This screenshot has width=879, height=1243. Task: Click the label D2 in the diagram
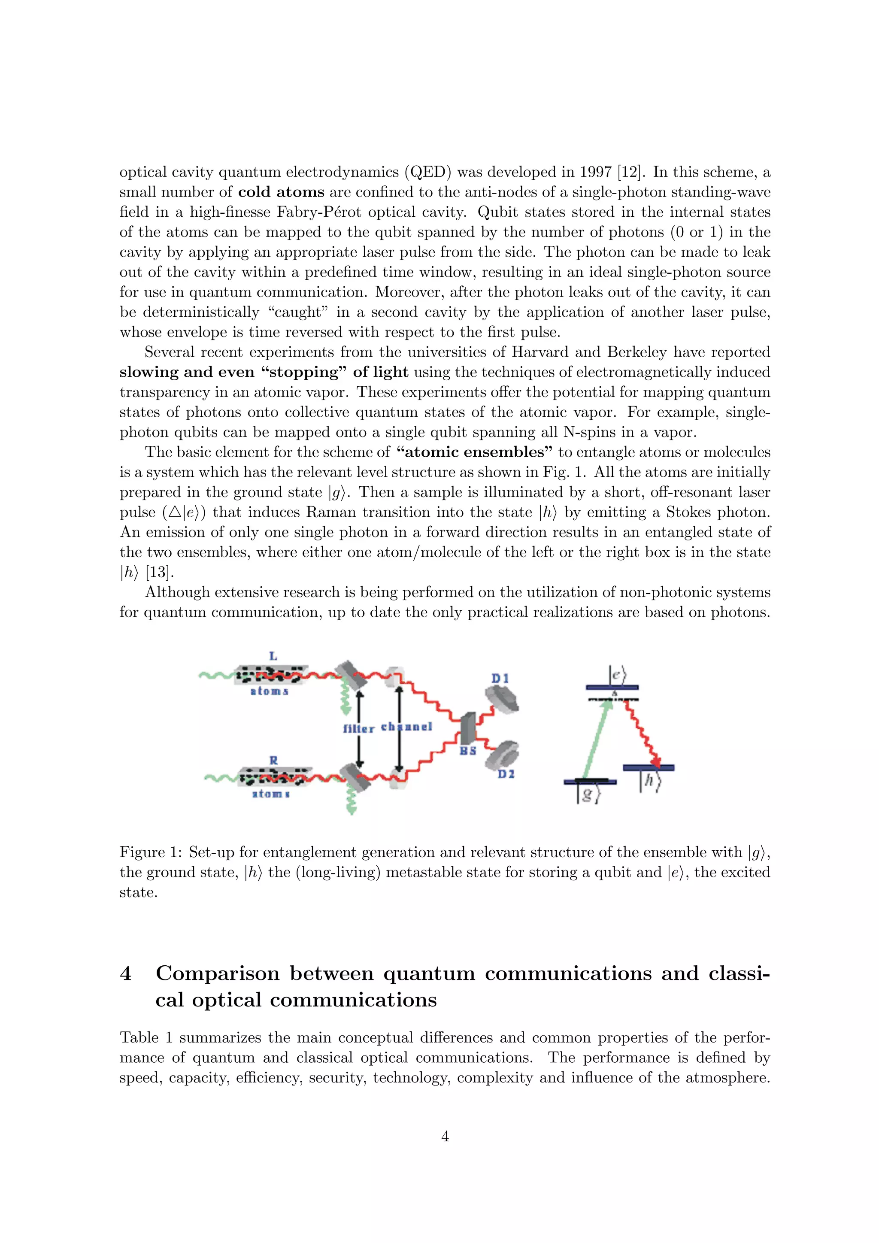[506, 775]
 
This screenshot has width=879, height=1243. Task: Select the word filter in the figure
[359, 729]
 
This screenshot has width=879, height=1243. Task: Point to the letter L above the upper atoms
[273, 656]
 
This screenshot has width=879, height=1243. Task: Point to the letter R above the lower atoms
[274, 760]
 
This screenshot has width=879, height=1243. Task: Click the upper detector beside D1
[502, 698]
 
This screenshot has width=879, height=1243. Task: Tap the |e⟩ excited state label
[618, 675]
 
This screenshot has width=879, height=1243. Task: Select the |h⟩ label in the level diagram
[649, 782]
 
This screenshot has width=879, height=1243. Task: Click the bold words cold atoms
[281, 192]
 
